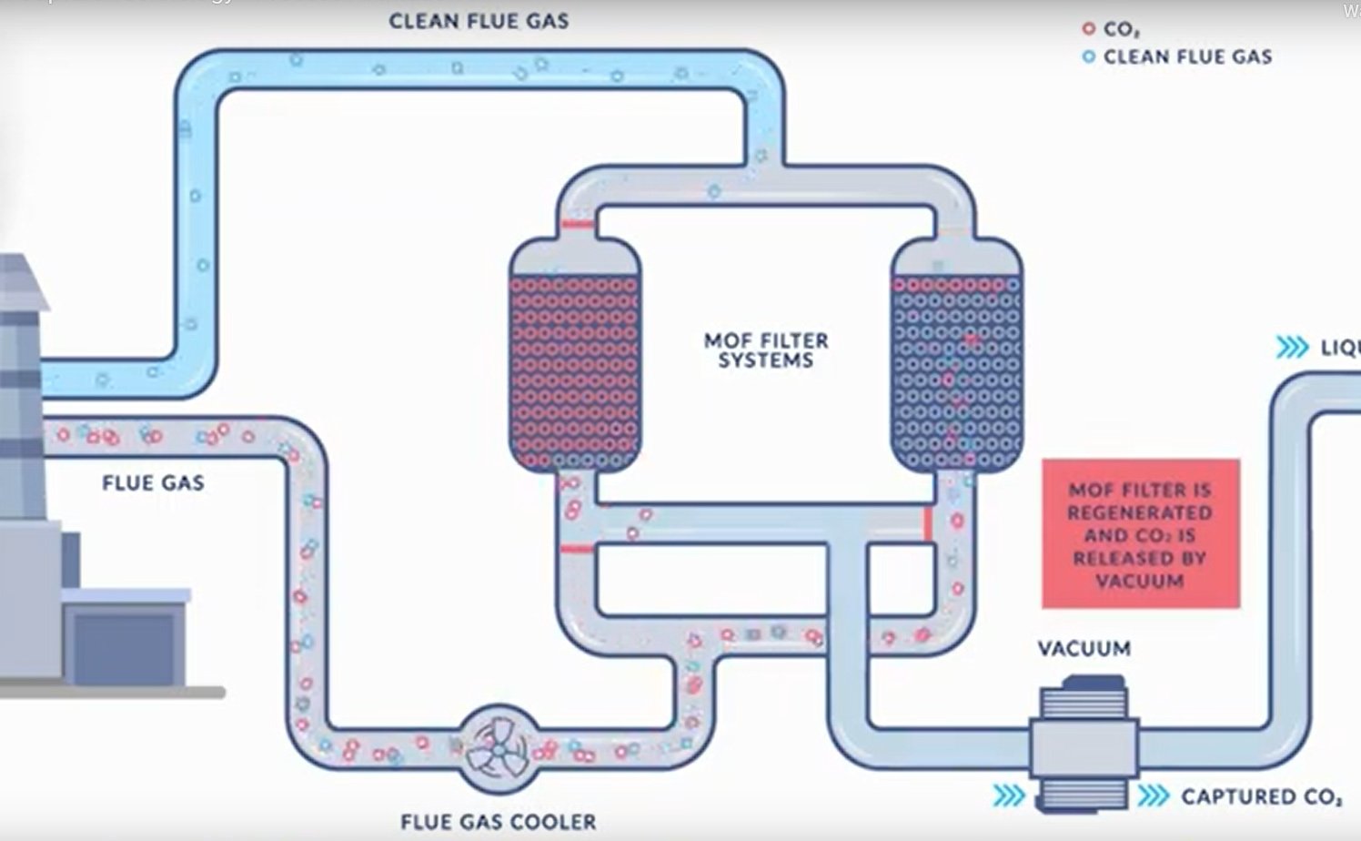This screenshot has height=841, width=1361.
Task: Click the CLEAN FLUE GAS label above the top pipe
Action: point(479,21)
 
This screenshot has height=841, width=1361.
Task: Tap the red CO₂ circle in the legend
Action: point(1088,29)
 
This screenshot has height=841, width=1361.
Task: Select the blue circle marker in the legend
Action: point(1088,57)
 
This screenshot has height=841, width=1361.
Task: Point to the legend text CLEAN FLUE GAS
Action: point(1187,57)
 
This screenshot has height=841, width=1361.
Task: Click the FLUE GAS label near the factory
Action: point(153,483)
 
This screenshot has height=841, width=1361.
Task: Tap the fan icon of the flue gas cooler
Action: point(497,748)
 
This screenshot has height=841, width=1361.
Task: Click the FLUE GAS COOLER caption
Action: point(499,822)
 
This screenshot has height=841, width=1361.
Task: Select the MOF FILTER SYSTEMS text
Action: point(766,350)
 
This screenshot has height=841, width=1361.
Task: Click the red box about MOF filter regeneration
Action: point(1140,533)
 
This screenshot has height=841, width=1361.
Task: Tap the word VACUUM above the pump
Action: point(1084,649)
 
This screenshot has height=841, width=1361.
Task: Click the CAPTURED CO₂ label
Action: point(1261,797)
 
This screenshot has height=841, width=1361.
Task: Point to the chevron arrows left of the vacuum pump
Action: point(1008,796)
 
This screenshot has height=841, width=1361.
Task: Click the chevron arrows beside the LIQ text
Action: point(1292,348)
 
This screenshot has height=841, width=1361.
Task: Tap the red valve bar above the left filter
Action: point(576,224)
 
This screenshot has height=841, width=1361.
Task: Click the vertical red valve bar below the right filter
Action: point(928,524)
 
